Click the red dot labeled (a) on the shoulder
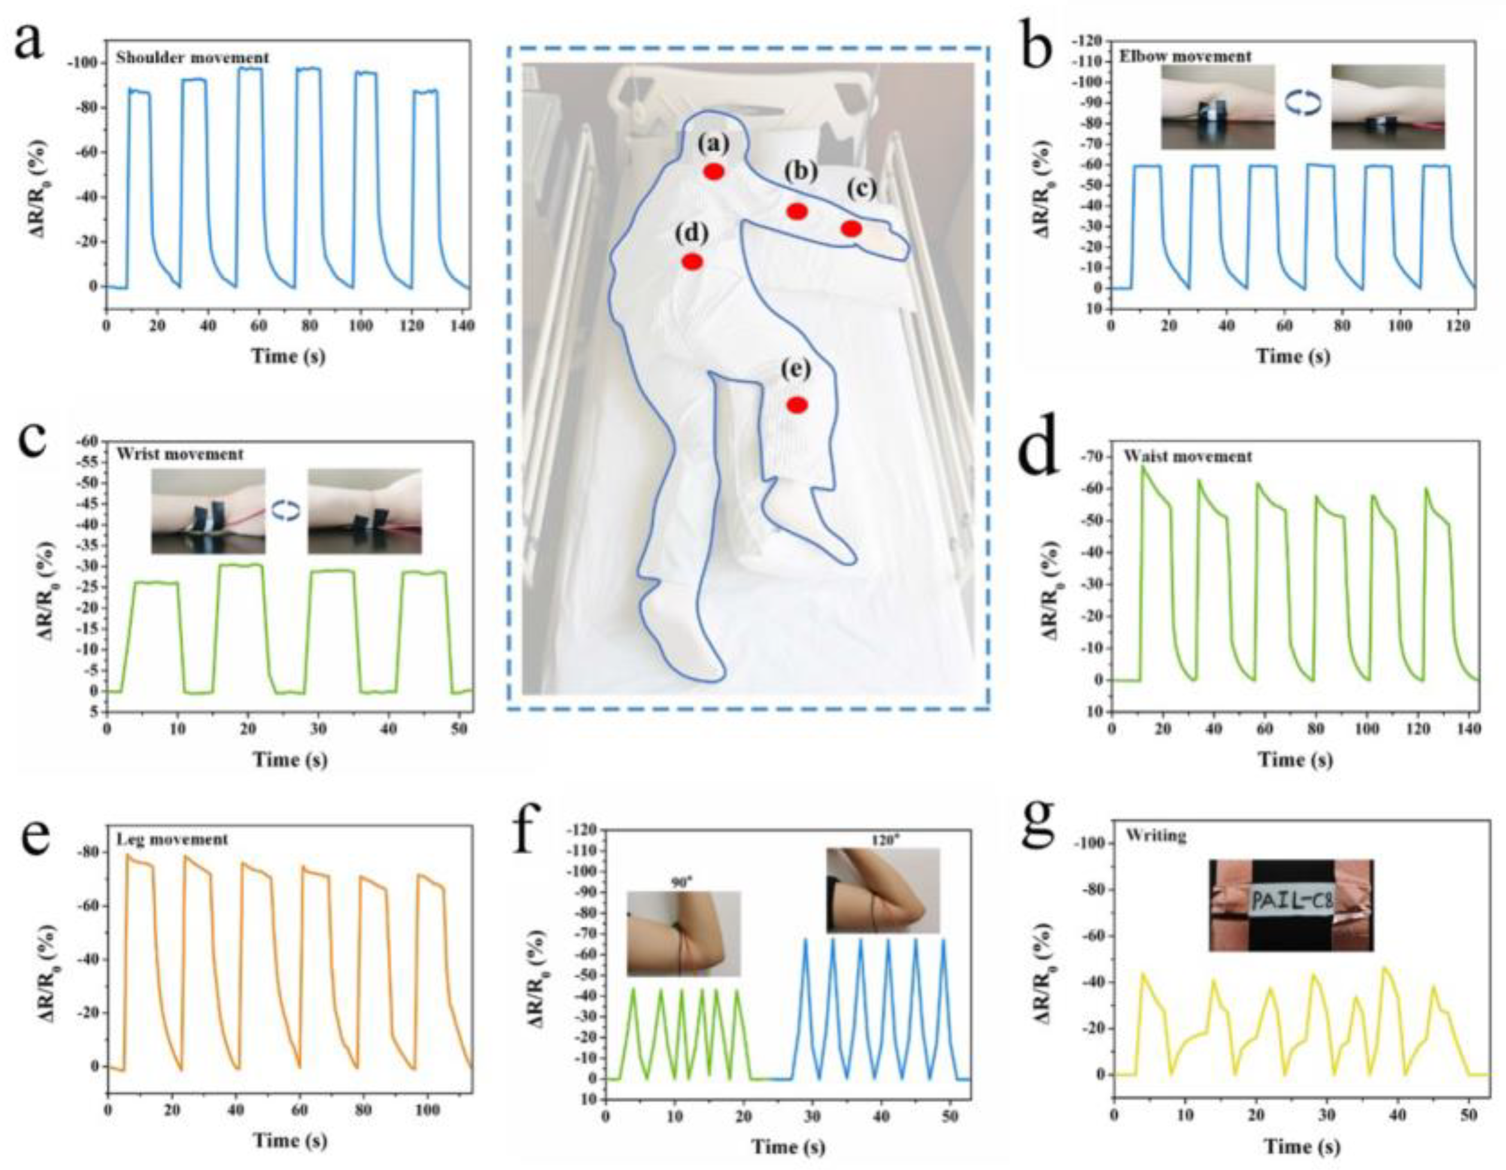click(x=713, y=172)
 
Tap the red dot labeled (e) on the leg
click(x=797, y=405)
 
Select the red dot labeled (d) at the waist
click(x=693, y=262)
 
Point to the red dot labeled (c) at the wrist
click(x=852, y=228)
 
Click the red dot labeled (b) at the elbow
click(x=797, y=211)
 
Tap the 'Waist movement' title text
click(x=1188, y=457)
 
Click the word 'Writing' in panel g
click(x=1156, y=836)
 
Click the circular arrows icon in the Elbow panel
click(x=1302, y=104)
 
